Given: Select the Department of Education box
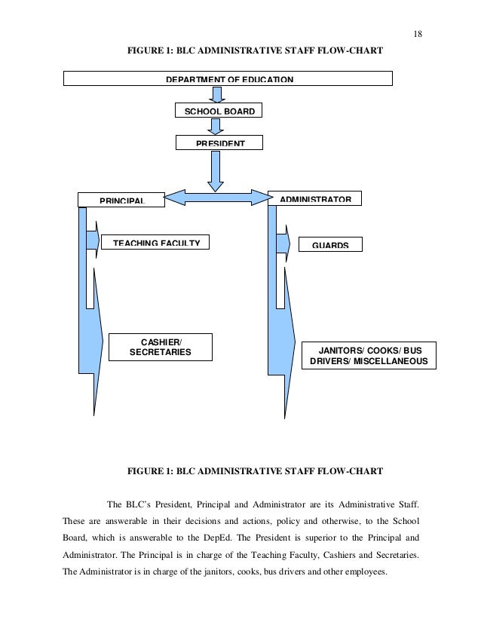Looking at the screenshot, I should (228, 78).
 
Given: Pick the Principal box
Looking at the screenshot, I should (121, 199).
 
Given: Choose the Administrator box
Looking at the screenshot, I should (315, 198).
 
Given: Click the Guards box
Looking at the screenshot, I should (330, 245).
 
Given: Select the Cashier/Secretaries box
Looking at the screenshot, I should (161, 347).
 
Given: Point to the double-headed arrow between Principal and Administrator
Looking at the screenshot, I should (217, 198).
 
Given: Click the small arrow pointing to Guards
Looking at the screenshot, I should (284, 243).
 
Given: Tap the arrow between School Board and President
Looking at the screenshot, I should (217, 127).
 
